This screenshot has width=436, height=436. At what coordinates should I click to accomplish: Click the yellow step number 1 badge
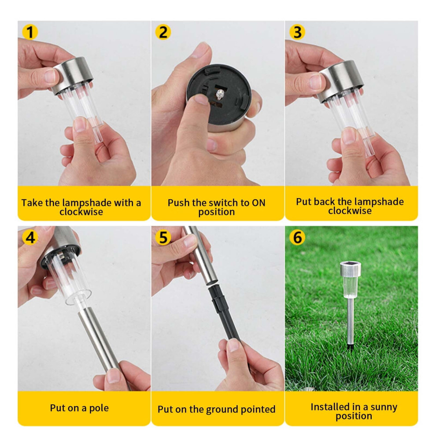pos(30,32)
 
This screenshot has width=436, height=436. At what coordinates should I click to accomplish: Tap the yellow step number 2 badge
pos(163,32)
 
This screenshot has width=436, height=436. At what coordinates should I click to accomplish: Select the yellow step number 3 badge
pos(297,32)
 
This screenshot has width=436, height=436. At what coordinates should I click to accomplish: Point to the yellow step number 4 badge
pos(30,237)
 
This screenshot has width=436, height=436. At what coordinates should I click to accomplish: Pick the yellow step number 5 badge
pos(163,237)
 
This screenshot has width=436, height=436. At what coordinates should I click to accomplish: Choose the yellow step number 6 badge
pos(297,237)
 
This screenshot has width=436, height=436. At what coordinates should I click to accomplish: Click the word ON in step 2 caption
pos(259,203)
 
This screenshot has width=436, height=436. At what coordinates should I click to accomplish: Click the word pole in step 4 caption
pos(99,408)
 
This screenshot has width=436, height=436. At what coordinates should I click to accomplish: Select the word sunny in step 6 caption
pos(384,407)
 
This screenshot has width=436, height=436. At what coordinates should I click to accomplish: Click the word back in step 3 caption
pos(325,202)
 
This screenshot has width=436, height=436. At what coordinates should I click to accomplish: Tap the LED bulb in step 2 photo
pos(219,95)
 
